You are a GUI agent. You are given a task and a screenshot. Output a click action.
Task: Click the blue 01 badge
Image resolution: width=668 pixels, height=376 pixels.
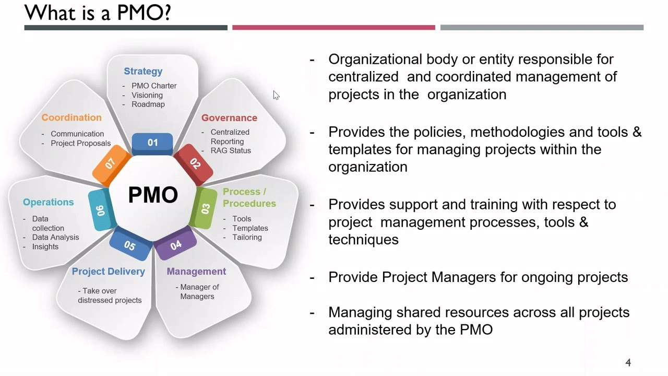tap(152, 144)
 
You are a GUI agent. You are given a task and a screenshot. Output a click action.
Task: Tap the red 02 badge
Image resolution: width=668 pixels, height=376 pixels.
tap(194, 164)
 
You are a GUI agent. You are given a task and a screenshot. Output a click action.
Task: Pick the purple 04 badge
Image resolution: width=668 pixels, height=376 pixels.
tap(175, 243)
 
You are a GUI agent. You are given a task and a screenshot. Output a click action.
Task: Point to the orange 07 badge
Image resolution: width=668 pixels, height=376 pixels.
tap(112, 165)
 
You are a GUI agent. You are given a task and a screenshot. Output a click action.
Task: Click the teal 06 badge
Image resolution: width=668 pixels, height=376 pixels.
tap(102, 210)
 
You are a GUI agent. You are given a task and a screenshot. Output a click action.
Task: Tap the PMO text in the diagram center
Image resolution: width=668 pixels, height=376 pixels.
tap(153, 195)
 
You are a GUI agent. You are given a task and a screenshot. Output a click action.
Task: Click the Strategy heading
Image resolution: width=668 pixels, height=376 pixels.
tap(143, 72)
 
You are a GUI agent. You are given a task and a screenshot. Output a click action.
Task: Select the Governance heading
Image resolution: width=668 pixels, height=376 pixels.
tap(229, 118)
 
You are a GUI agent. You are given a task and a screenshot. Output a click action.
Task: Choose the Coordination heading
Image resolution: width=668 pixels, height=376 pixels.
tap(71, 118)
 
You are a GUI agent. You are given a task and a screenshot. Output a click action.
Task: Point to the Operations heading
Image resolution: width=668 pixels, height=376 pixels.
tap(49, 202)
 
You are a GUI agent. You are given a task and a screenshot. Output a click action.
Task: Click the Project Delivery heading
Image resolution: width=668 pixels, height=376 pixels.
tap(108, 272)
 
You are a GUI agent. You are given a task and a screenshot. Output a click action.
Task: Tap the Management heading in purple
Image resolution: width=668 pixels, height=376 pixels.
tap(196, 272)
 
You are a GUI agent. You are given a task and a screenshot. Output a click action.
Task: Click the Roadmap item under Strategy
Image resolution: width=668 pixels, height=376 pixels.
tap(148, 104)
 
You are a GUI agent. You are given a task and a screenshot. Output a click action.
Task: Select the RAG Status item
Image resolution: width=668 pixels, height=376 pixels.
tap(231, 151)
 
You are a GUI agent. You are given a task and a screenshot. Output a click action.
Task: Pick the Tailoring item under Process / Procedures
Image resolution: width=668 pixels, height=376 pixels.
tap(247, 238)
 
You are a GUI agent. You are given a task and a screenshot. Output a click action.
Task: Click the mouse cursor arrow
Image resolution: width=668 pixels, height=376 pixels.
tap(276, 95)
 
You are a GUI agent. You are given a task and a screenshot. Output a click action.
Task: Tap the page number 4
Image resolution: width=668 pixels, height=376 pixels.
tap(628, 362)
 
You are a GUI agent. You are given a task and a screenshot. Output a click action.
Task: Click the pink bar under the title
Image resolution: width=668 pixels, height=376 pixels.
tap(333, 28)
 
